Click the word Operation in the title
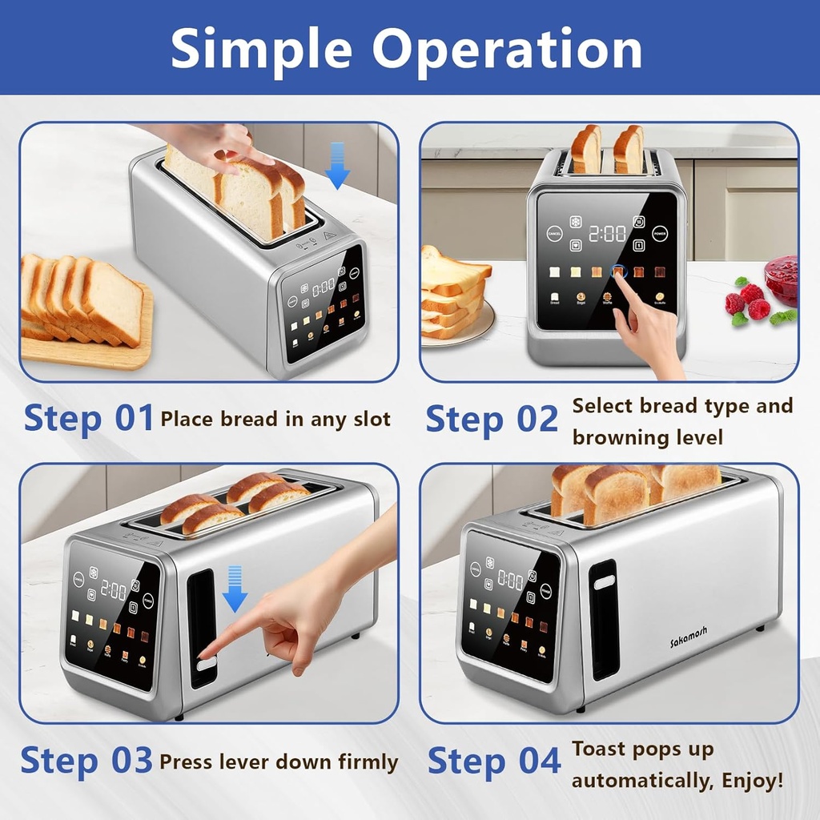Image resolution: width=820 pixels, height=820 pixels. (507, 50)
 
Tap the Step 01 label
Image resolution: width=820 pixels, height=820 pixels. (87, 418)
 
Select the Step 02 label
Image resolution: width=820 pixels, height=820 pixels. (491, 419)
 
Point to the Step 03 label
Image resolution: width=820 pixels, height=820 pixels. (86, 760)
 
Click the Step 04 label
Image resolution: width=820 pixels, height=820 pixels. (493, 761)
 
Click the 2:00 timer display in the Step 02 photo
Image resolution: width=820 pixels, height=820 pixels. (608, 234)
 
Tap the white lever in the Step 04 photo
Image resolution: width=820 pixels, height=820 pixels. (604, 582)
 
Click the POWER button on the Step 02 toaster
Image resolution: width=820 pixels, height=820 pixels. (660, 234)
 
